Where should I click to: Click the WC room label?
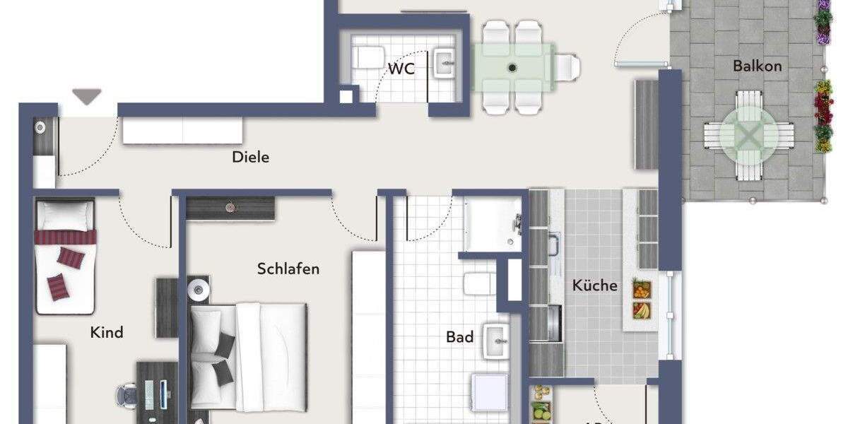pyautogui.click(x=401, y=69)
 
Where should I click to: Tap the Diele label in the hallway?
pyautogui.click(x=251, y=157)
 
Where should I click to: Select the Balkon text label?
pyautogui.click(x=757, y=66)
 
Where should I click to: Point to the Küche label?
pyautogui.click(x=594, y=286)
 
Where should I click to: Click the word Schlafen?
pyautogui.click(x=288, y=269)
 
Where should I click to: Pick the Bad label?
pyautogui.click(x=459, y=337)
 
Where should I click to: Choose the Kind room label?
pyautogui.click(x=107, y=332)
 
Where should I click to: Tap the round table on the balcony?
pyautogui.click(x=749, y=135)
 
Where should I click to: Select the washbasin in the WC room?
pyautogui.click(x=445, y=62)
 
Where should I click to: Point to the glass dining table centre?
pyautogui.click(x=512, y=68)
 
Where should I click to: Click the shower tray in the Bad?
pyautogui.click(x=493, y=223)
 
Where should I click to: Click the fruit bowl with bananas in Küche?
pyautogui.click(x=642, y=310)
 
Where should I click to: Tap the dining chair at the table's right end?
pyautogui.click(x=567, y=68)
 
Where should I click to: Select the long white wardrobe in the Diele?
pyautogui.click(x=182, y=131)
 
